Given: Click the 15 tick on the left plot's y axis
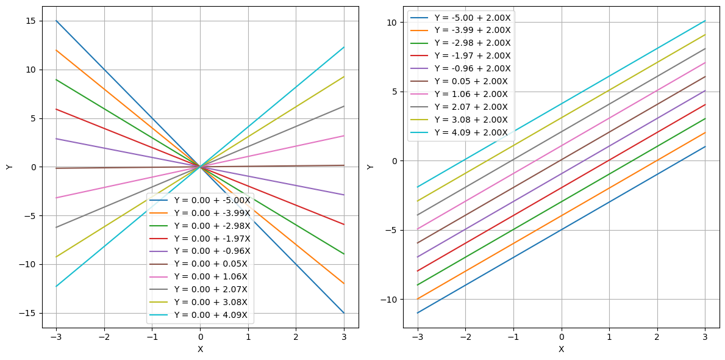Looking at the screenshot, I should [x=30, y=21].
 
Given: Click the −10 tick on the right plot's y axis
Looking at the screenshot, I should [x=390, y=299].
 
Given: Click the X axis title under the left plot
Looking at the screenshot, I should [x=200, y=349].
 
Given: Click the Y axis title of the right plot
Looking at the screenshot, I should [x=371, y=167].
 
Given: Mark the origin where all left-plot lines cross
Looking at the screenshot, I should [x=200, y=167].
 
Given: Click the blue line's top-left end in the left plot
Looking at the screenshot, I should [x=56, y=21].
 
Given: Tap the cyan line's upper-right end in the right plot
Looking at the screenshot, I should [x=705, y=21].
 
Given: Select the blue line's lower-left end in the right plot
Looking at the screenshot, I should [x=418, y=313].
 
